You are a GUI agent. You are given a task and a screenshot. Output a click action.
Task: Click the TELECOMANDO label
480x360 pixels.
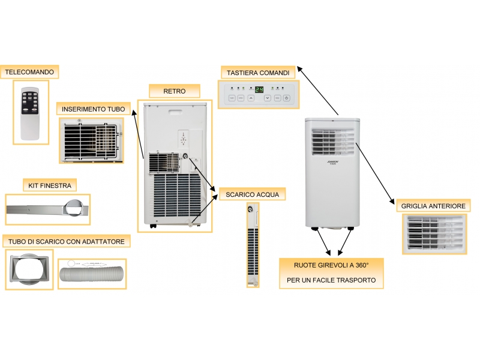(x=29, y=72)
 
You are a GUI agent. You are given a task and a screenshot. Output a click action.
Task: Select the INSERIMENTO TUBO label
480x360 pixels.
(x=94, y=109)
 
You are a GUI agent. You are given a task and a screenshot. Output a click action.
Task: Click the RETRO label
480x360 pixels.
(x=174, y=91)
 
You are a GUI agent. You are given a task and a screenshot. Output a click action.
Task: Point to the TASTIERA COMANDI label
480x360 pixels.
(x=258, y=73)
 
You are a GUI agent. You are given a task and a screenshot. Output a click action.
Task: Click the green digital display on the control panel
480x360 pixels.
(x=259, y=89)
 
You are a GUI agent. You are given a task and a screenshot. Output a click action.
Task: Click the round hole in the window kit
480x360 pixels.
(x=75, y=209)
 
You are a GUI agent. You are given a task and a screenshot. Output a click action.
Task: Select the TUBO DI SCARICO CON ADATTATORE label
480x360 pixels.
(x=67, y=242)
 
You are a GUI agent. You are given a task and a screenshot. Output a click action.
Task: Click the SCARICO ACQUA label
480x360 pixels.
(x=252, y=194)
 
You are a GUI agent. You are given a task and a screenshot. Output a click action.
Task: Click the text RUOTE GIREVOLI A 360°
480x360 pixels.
(x=331, y=265)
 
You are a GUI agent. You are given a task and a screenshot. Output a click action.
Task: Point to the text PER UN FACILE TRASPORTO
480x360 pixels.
(x=331, y=280)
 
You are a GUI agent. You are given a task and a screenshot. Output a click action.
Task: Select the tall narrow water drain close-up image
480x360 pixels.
(x=253, y=244)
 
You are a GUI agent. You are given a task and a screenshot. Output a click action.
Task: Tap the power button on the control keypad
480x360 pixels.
(x=287, y=98)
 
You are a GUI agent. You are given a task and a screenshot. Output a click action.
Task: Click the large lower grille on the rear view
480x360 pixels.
(x=174, y=195)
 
